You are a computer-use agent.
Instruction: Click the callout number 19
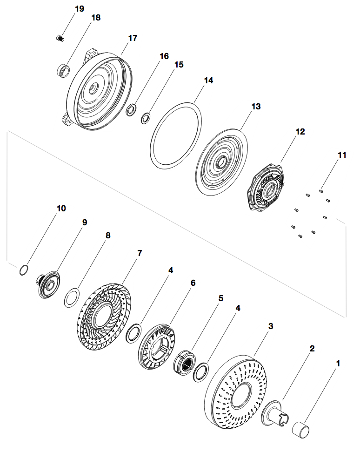[x=79, y=8]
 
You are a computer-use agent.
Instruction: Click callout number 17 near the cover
[x=133, y=38]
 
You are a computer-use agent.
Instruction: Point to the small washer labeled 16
[x=132, y=110]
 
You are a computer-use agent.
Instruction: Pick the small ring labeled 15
[x=146, y=118]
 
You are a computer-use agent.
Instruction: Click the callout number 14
[x=208, y=81]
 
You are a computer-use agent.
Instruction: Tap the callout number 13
[x=256, y=107]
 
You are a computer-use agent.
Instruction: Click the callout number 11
[x=342, y=155]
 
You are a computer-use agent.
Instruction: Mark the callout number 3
[x=271, y=326]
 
